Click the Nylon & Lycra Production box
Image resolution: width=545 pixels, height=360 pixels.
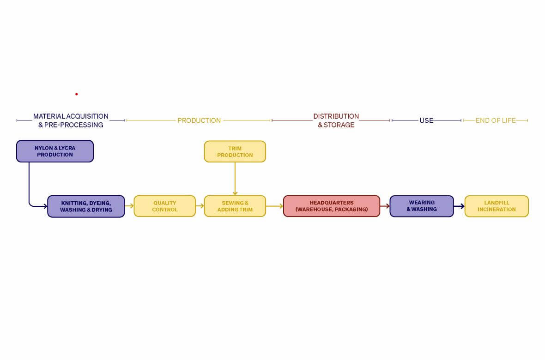click(55, 151)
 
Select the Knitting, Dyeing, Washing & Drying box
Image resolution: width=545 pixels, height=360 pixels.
click(86, 206)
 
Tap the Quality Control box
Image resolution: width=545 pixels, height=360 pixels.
click(165, 206)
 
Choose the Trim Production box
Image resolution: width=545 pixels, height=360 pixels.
click(235, 151)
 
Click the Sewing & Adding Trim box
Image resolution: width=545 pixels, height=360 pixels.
click(235, 206)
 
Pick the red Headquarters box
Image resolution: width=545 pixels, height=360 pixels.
click(332, 206)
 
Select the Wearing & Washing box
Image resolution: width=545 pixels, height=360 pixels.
click(422, 206)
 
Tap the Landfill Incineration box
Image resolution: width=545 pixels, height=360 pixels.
click(497, 206)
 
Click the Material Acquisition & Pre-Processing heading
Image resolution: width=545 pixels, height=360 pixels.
click(71, 120)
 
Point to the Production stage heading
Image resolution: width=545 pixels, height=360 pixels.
click(199, 120)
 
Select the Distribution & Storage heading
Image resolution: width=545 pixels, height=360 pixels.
click(336, 120)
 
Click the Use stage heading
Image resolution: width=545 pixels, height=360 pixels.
click(426, 120)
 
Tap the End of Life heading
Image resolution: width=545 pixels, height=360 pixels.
click(496, 120)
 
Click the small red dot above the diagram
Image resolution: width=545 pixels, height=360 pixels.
click(77, 94)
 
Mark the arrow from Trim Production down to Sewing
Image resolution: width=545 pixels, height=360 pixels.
click(235, 179)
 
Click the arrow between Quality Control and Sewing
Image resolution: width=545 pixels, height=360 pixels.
click(200, 206)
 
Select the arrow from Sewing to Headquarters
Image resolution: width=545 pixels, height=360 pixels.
click(275, 206)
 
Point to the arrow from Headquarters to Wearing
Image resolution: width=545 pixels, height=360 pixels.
click(385, 206)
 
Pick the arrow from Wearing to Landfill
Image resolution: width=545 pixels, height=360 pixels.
click(459, 206)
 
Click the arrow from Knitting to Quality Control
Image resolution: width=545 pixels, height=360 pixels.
click(129, 206)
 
